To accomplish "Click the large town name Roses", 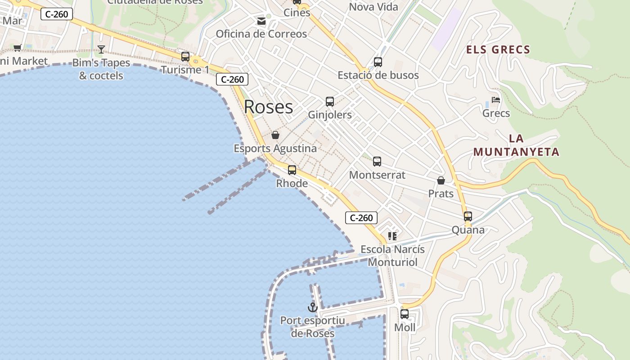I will coord(268,107).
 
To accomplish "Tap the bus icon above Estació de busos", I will coord(378,62).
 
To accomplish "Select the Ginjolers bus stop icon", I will coord(330,102).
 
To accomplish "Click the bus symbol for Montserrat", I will coord(377,162).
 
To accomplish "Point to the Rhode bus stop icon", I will coord(292,170).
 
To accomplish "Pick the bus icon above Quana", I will coord(468,216).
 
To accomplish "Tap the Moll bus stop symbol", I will coord(405,314).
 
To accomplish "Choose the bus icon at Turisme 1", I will coord(185,57).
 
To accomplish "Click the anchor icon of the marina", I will coord(312,307).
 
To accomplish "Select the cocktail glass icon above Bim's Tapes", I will coord(101,49).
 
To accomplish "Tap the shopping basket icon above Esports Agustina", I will coord(275,135).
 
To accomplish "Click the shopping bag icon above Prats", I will coord(441,180).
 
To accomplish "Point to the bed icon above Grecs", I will coord(496,100).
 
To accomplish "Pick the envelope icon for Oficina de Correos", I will coord(261,21).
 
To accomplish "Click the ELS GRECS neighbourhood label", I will coord(498,49).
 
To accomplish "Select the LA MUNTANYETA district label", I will coord(516,145).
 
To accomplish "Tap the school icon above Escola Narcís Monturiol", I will coord(392,236).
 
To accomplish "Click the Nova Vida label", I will coord(373,7).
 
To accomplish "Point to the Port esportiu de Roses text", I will coord(312,327).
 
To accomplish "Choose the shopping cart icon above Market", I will coord(18,48).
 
